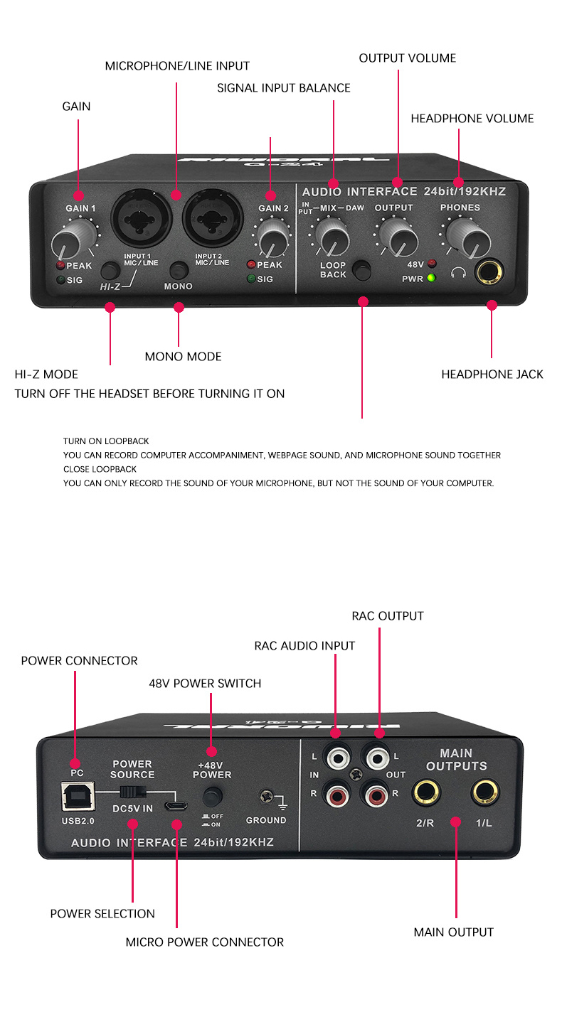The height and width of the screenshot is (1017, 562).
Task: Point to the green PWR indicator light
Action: tap(431, 279)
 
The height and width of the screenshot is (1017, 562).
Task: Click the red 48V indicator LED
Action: tap(431, 264)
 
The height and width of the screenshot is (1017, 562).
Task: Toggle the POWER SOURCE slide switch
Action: tap(132, 792)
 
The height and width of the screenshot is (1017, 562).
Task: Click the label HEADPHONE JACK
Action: tap(492, 375)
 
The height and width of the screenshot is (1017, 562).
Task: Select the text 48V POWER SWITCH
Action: tap(205, 684)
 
